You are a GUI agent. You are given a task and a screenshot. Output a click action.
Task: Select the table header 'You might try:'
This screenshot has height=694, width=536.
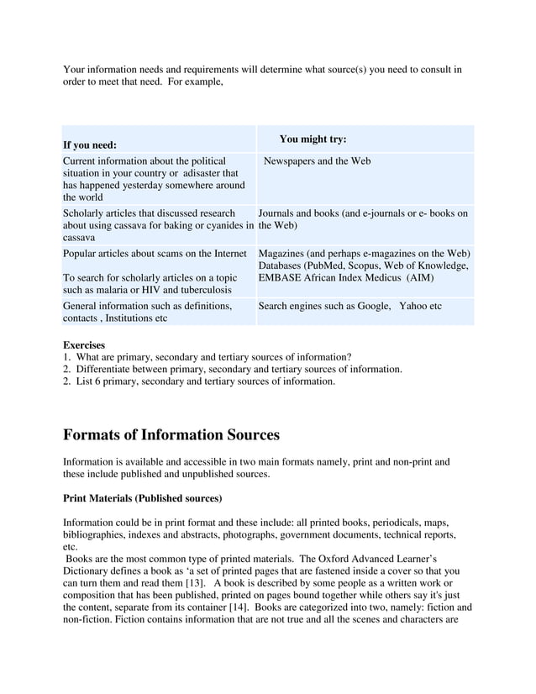click(313, 139)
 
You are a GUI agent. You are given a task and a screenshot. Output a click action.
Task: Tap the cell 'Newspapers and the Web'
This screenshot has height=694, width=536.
click(317, 160)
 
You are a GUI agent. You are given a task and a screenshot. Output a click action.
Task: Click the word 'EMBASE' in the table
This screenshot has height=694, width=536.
click(281, 278)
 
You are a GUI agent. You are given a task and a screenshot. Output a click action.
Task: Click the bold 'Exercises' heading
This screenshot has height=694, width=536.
click(84, 344)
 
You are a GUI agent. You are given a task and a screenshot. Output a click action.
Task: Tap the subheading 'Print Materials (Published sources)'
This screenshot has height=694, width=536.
click(143, 498)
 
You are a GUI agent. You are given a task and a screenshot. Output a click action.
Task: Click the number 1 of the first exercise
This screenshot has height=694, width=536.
click(66, 357)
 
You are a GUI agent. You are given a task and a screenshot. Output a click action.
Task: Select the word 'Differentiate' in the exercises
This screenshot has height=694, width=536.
click(105, 369)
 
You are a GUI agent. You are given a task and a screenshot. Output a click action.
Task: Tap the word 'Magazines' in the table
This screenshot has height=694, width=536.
click(283, 253)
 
